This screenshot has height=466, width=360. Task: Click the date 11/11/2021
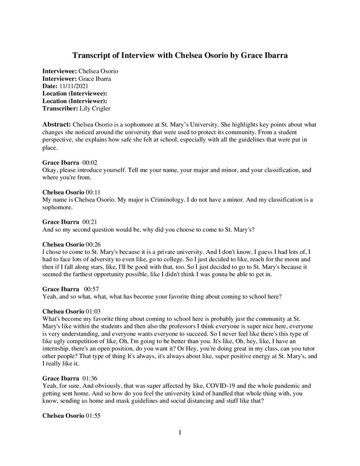click(x=77, y=86)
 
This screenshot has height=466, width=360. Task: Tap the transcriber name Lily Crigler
click(x=100, y=109)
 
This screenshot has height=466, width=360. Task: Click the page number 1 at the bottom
click(x=180, y=449)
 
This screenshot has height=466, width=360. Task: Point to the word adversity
click(x=108, y=261)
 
